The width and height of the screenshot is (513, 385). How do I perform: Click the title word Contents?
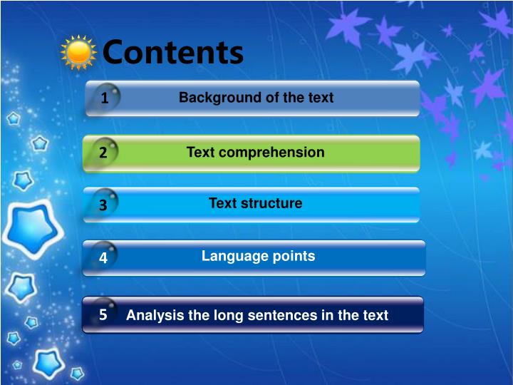point(173,52)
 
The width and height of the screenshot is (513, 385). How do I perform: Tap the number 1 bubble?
point(104,98)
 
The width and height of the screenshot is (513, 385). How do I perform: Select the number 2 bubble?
point(103,153)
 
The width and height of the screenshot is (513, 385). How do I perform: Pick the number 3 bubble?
point(103,205)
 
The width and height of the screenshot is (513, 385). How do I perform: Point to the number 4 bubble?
point(103,258)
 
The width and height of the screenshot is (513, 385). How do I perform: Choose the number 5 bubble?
point(103,314)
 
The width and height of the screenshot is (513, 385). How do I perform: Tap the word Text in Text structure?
point(222,204)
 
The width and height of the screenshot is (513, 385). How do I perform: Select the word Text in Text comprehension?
point(200,153)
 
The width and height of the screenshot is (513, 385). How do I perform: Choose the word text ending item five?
point(375,315)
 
